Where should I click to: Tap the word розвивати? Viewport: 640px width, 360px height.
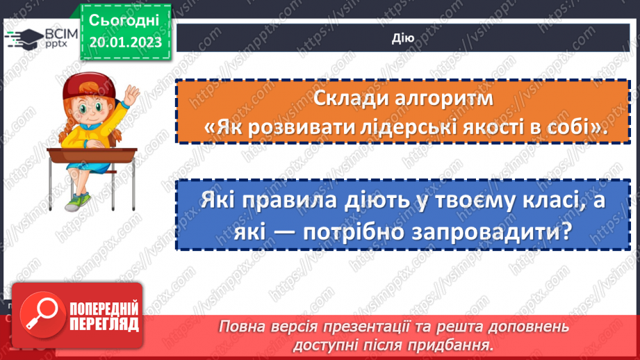click(296, 128)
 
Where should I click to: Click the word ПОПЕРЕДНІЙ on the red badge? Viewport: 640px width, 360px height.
click(104, 307)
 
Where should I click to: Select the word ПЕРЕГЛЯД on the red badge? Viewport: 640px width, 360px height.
click(104, 323)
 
